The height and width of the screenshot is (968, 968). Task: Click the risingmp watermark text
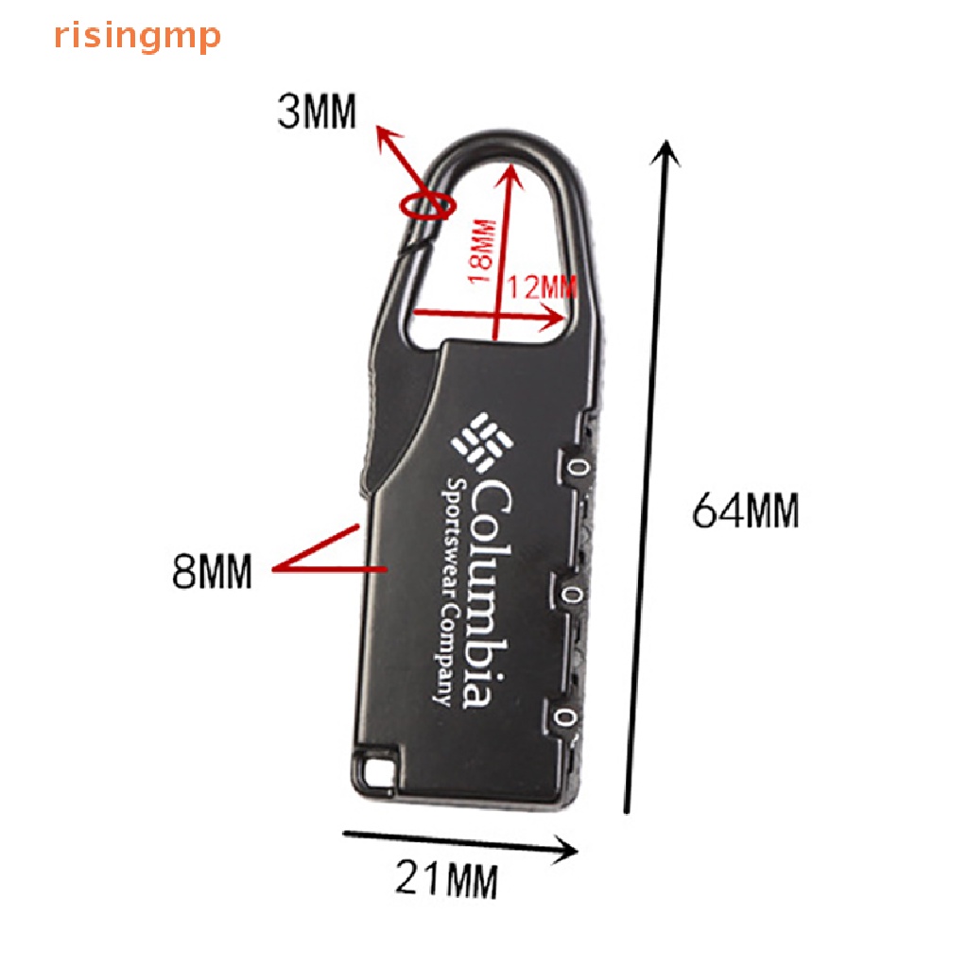[137, 37]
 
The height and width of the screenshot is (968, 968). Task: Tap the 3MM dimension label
[317, 113]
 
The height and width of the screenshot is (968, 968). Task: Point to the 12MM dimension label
[541, 286]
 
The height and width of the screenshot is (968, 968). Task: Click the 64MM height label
[746, 511]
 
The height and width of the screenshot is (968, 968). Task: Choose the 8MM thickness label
[212, 571]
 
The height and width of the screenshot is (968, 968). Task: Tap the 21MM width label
[445, 881]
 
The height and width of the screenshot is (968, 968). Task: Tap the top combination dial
[579, 466]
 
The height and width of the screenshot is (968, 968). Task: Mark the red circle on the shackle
[426, 204]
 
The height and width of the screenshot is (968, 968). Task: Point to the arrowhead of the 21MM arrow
[569, 849]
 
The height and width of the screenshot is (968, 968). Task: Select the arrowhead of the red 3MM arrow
[382, 133]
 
